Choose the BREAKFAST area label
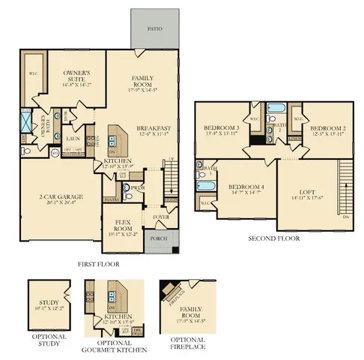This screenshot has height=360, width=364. coord(154,128)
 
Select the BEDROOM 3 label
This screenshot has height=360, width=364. coord(221,128)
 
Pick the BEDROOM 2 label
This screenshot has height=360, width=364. coord(326,128)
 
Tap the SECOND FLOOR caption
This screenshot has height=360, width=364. coord(274,239)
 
